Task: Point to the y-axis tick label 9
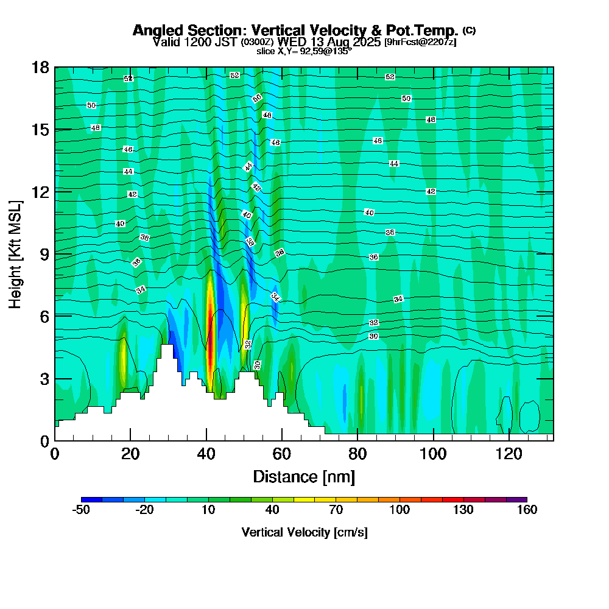tap(44, 253)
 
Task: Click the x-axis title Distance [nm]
tap(304, 476)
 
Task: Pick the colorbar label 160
tap(527, 510)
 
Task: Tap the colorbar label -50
tap(81, 510)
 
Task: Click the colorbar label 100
tap(400, 510)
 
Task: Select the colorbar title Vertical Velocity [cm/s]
tap(304, 532)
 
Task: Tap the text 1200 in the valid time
tap(192, 42)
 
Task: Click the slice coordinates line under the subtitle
tap(304, 51)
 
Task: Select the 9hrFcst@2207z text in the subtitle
tap(420, 42)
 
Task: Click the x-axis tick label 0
tap(55, 454)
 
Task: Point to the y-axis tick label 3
tap(44, 378)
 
